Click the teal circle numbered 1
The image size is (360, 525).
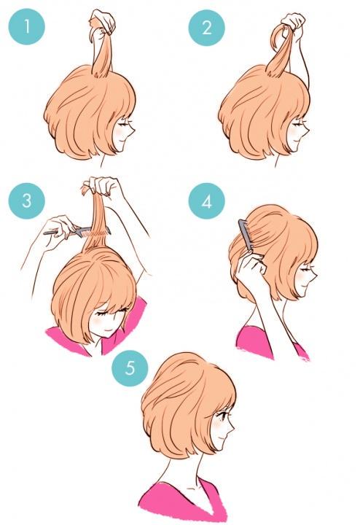click(x=27, y=27)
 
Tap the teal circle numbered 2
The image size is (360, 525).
click(x=207, y=28)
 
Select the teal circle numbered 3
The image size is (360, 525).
click(x=27, y=201)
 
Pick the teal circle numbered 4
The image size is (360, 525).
click(x=207, y=201)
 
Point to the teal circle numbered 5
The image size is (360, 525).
click(x=130, y=368)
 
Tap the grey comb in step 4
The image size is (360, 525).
click(x=246, y=235)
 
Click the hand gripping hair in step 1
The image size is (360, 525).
click(x=103, y=22)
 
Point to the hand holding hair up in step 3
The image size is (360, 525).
click(x=102, y=187)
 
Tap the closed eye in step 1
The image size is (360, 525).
click(x=125, y=123)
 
